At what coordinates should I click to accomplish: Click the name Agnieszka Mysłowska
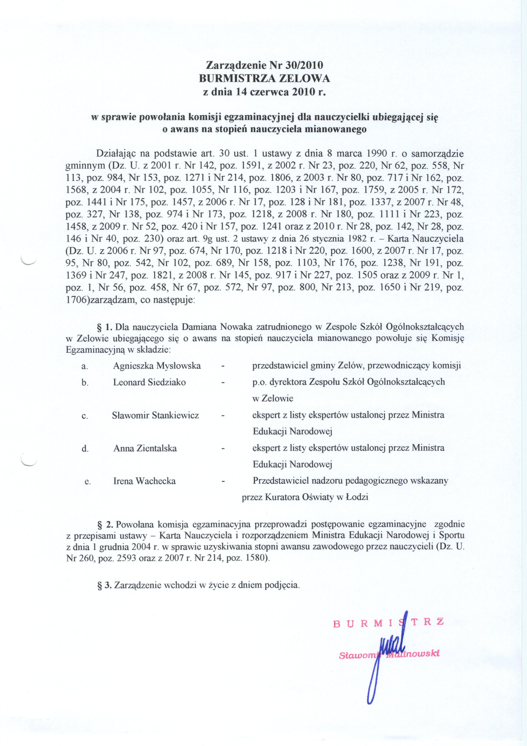[x=157, y=366]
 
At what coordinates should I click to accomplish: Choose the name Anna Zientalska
[x=145, y=448]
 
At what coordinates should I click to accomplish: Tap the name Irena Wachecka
[x=144, y=481]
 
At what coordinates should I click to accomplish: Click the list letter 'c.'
[x=85, y=416]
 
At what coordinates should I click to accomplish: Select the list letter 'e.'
[x=87, y=482]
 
